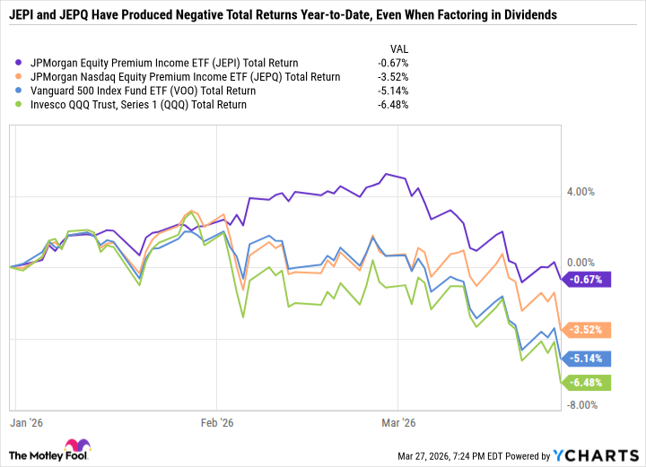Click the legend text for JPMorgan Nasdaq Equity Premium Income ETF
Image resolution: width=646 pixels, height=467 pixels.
coord(186,77)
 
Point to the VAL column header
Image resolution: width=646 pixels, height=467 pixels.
coord(396,47)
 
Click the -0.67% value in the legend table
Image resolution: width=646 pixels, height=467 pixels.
coord(394,63)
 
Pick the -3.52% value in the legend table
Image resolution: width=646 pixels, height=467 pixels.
coord(394,77)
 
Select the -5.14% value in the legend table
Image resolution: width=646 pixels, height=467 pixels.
coord(394,91)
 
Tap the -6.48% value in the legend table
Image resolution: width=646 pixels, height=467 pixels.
coord(394,105)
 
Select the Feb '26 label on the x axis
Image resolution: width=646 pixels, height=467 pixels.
coord(216,421)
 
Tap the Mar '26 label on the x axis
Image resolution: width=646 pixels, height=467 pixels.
coord(398,421)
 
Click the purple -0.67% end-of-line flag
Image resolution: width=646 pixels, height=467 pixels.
coord(587,280)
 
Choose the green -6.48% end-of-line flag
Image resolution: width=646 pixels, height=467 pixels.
coord(587,383)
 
